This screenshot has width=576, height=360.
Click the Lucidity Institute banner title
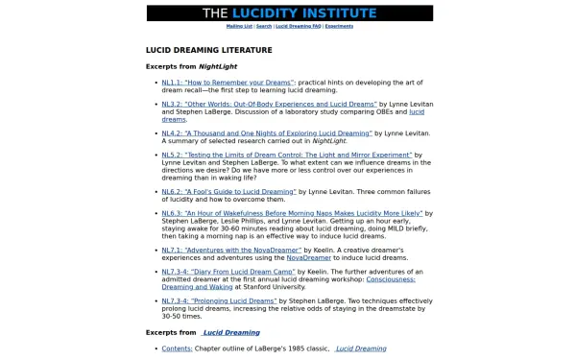pos(289,13)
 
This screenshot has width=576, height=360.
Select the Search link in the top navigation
pos(264,26)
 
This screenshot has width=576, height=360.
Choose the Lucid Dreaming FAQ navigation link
pos(299,26)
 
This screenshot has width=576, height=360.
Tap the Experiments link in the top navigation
pos(339,26)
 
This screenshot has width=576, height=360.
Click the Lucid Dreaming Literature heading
pos(208,49)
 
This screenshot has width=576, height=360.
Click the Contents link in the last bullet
pos(177,348)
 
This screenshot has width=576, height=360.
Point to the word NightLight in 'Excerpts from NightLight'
pos(219,67)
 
